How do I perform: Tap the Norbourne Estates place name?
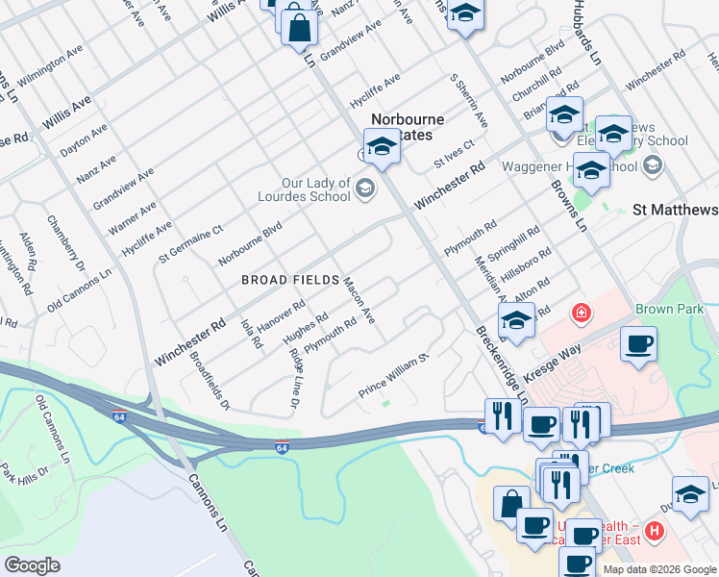click(409, 127)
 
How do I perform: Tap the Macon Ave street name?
click(359, 300)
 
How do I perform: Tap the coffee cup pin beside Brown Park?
click(638, 344)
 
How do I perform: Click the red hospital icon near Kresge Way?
click(581, 313)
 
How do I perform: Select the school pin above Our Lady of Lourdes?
click(382, 147)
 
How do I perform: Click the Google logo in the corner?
click(33, 565)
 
